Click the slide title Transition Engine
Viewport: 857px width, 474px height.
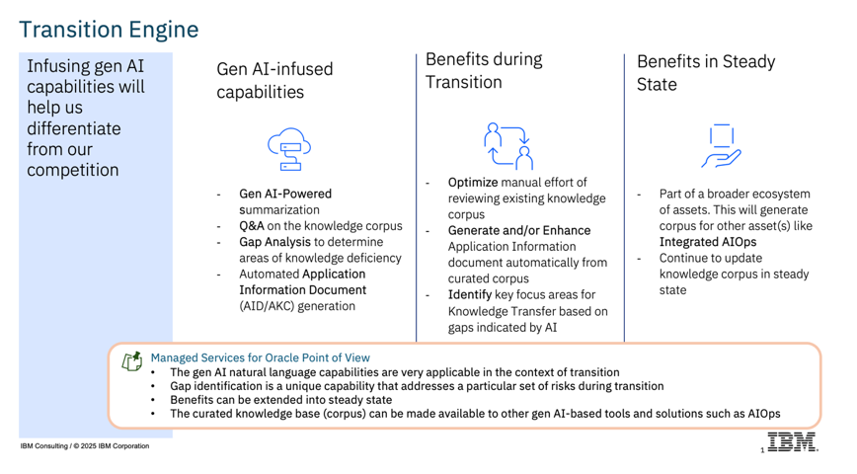point(109,30)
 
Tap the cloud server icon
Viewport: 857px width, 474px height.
point(289,149)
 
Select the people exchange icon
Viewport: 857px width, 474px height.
point(508,146)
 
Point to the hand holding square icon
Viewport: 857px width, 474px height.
point(722,146)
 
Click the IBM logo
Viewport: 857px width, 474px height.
point(792,441)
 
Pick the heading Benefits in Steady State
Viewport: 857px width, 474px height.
point(706,73)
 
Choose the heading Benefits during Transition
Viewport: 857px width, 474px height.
point(484,70)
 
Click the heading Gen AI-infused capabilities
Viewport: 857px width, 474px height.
point(274,80)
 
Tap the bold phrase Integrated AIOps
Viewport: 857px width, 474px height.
point(708,242)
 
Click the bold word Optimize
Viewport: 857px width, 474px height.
point(473,182)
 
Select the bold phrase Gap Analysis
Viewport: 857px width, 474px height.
point(273,242)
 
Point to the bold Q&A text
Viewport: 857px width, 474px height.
point(252,226)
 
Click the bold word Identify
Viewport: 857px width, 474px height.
point(470,294)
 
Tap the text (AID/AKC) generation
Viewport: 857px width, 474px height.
point(297,306)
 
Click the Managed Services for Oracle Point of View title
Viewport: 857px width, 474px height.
point(261,357)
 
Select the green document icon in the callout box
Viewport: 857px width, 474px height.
point(131,361)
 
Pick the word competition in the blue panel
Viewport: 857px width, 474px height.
point(73,170)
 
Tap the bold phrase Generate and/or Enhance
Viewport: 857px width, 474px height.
point(519,230)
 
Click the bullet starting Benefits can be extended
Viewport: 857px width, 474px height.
point(281,400)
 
